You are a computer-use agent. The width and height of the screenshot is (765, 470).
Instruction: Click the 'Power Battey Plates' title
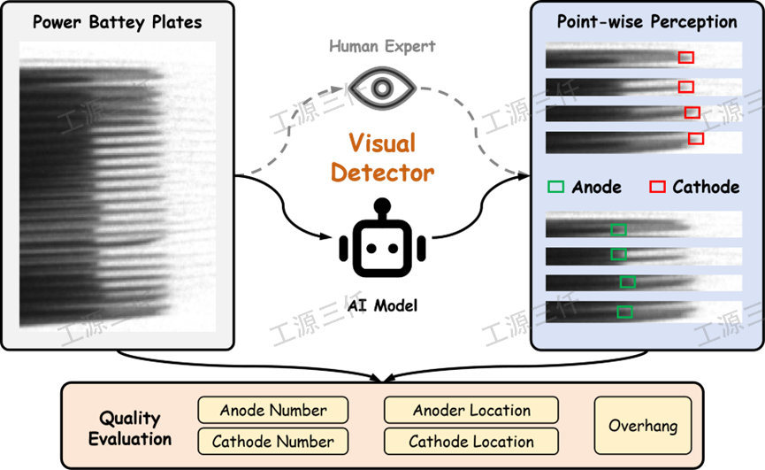[117, 22]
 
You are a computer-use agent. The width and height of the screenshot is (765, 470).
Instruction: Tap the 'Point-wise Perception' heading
[647, 22]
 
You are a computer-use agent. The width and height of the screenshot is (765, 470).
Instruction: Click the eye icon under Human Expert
[382, 88]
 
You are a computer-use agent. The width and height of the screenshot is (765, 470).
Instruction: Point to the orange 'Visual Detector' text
[382, 157]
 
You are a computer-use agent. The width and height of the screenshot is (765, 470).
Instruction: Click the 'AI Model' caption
[382, 305]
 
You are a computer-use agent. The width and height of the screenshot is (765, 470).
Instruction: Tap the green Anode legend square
[556, 187]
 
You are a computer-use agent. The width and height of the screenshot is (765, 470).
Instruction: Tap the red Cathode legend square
[657, 187]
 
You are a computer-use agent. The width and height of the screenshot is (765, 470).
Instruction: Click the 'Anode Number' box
[273, 411]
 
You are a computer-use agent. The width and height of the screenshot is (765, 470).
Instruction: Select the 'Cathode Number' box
[273, 441]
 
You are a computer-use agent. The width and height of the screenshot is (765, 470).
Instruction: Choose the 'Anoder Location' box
[471, 411]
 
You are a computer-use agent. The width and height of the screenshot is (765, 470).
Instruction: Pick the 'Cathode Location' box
[471, 441]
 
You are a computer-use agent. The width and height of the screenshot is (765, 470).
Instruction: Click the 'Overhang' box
[643, 426]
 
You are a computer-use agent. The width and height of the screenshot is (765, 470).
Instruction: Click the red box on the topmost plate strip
[686, 58]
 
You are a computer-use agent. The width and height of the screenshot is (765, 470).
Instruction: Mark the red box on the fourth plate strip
[696, 138]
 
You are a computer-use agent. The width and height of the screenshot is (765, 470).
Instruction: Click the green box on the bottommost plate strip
[624, 312]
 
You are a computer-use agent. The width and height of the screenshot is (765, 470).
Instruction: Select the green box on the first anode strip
[619, 230]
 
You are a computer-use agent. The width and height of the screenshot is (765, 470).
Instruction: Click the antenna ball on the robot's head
[382, 206]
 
